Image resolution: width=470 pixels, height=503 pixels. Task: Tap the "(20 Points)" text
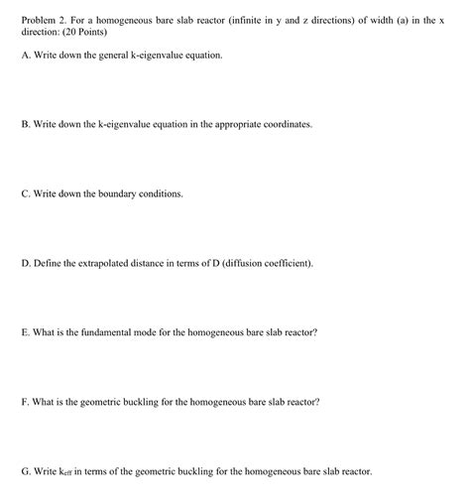click(x=85, y=32)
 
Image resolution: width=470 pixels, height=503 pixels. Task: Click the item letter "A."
click(x=26, y=56)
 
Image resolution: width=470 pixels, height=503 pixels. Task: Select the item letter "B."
click(x=26, y=125)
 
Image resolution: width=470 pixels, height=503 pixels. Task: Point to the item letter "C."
click(x=26, y=194)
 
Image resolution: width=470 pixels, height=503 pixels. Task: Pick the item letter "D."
click(x=26, y=264)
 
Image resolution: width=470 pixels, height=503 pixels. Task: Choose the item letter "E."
click(x=26, y=333)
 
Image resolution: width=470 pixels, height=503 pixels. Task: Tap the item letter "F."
click(x=26, y=403)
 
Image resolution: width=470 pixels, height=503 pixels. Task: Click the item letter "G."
click(x=26, y=472)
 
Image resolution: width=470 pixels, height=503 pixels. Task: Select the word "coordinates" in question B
click(x=284, y=125)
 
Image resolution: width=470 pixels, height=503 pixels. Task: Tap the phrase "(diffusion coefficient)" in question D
click(x=268, y=264)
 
